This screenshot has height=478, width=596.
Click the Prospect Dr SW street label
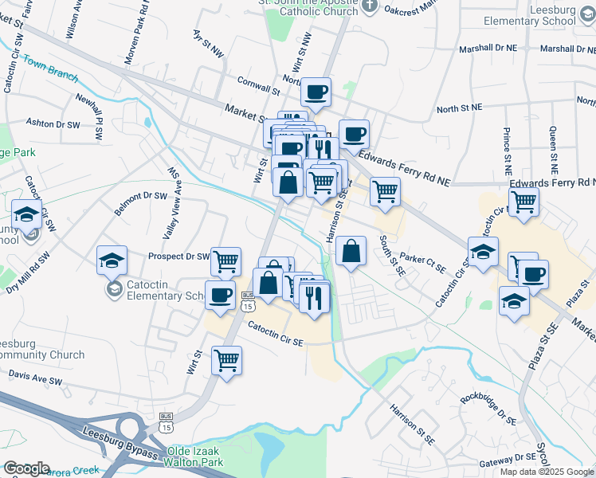coord(178,257)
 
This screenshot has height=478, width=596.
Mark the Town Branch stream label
coord(50,69)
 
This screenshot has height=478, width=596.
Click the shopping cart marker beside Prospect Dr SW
coord(226,261)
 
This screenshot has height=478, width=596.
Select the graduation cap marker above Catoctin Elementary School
coord(112,259)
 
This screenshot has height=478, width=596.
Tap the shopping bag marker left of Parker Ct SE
coord(351,252)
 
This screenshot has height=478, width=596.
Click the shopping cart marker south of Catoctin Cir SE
coord(227,360)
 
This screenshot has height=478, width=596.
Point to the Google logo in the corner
coord(26,468)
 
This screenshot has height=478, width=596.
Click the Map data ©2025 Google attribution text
coord(547,472)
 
